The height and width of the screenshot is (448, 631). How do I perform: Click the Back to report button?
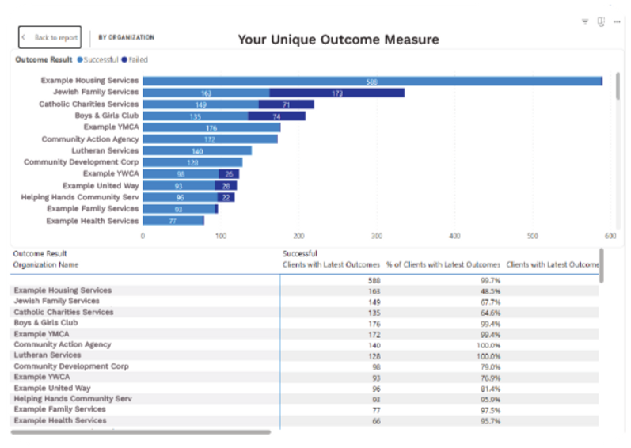(x=50, y=37)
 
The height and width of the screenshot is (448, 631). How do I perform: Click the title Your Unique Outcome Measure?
(x=338, y=40)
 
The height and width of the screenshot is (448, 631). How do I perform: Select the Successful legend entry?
(x=97, y=59)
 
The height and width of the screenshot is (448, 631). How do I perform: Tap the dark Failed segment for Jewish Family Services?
(x=336, y=93)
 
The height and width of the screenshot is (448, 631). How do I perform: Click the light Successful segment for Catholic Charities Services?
(x=200, y=104)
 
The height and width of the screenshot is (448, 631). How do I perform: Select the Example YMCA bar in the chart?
(x=211, y=127)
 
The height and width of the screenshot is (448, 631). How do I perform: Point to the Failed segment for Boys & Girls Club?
(x=276, y=116)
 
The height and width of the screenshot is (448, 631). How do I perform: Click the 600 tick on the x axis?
(x=610, y=235)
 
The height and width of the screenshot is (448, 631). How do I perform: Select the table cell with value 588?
(x=374, y=280)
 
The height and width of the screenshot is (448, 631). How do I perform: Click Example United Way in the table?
(x=52, y=388)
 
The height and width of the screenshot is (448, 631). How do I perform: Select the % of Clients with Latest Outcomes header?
(x=443, y=264)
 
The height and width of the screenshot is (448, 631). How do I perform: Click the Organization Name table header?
(x=46, y=264)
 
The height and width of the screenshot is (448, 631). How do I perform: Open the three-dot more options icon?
(x=617, y=21)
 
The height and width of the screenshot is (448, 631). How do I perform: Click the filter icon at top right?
(x=584, y=21)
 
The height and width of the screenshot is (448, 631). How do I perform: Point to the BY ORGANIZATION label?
(x=127, y=37)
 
